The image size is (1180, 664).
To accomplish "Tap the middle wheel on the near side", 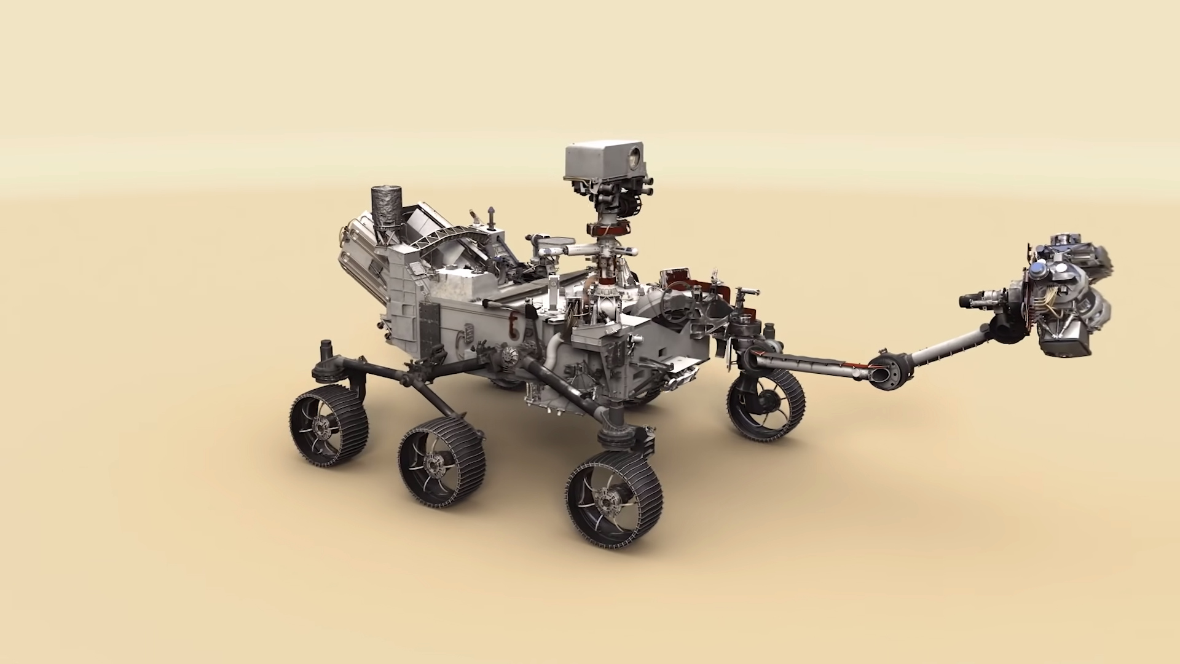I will pyautogui.click(x=441, y=462).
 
